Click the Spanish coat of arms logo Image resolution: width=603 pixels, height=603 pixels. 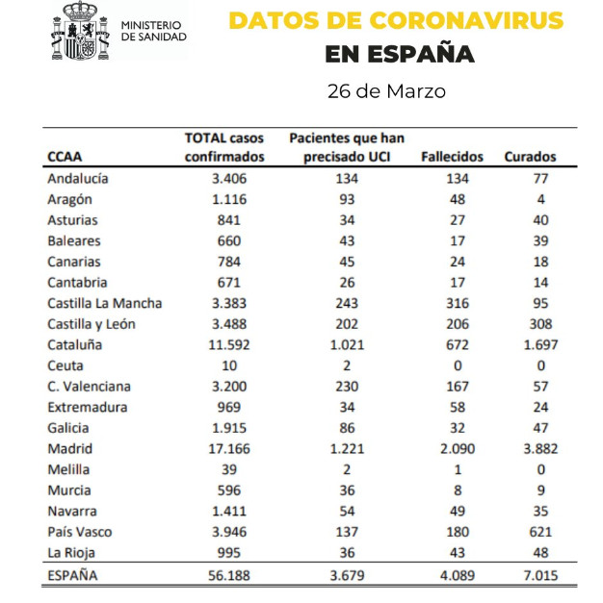(81, 31)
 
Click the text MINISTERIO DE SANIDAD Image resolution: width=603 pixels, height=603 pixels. (154, 31)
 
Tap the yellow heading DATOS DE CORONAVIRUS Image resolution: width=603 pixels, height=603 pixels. (396, 20)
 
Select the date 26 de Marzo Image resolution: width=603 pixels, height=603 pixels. (386, 91)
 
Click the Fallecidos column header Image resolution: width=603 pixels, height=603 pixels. (452, 157)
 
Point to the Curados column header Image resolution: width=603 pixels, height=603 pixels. (530, 157)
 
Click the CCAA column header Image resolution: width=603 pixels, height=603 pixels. (65, 157)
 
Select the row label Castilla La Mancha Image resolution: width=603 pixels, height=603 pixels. (105, 303)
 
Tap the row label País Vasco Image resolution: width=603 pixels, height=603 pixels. (80, 532)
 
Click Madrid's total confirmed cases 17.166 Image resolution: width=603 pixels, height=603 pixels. (229, 449)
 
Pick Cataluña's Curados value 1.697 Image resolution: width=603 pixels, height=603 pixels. (540, 345)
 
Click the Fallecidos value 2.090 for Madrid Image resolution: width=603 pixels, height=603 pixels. (458, 449)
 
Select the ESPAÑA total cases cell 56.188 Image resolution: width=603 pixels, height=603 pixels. (229, 576)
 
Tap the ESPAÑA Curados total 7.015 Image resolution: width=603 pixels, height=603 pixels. (540, 576)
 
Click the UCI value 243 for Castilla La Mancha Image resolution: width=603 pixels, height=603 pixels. (347, 303)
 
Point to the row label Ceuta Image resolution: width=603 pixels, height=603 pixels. (66, 365)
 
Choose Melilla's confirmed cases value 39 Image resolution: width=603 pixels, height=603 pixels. (229, 469)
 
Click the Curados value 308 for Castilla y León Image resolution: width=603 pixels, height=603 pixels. (540, 324)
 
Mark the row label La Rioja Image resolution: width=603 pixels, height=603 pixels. (71, 553)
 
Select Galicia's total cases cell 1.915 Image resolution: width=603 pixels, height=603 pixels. (229, 428)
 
